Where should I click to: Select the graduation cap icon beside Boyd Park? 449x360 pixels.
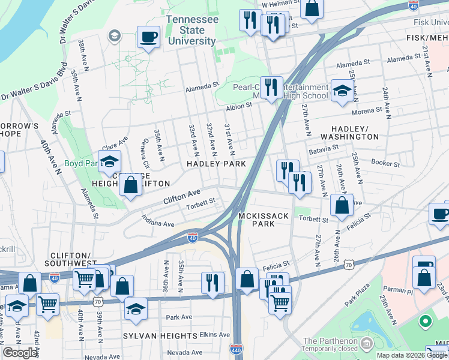(109, 161)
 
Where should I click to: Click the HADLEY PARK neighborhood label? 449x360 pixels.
(216, 163)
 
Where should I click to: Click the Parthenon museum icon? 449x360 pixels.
(367, 343)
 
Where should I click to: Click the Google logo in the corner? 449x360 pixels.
(20, 353)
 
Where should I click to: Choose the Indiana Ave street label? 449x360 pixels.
(157, 221)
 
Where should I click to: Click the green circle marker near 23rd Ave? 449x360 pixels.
(426, 322)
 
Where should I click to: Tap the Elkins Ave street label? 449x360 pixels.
(215, 335)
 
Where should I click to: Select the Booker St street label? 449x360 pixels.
(385, 163)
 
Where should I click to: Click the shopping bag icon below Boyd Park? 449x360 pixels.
(130, 185)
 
